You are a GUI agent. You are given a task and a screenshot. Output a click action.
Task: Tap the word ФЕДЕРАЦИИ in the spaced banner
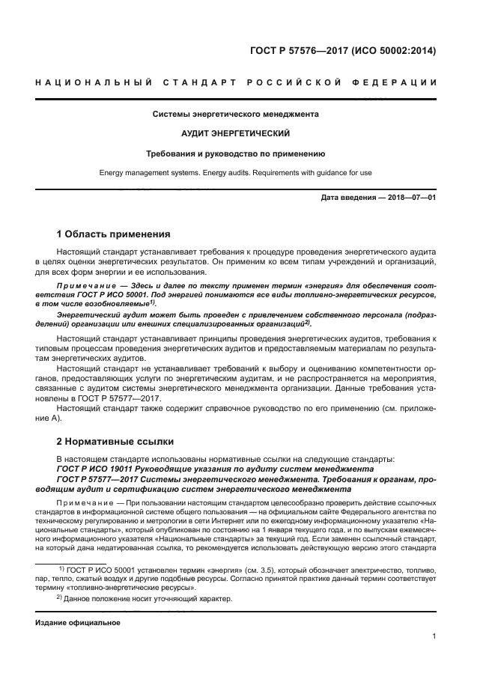coord(401,82)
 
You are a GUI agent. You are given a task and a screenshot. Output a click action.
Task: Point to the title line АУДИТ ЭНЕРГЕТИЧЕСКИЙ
coord(236,134)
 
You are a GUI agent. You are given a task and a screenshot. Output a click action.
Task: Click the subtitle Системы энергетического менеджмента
coord(236,115)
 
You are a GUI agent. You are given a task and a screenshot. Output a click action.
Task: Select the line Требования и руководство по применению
coord(236,153)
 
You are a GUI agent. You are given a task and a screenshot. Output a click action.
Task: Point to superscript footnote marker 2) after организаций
coord(307,322)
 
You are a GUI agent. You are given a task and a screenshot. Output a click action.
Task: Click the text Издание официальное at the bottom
coord(78,622)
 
